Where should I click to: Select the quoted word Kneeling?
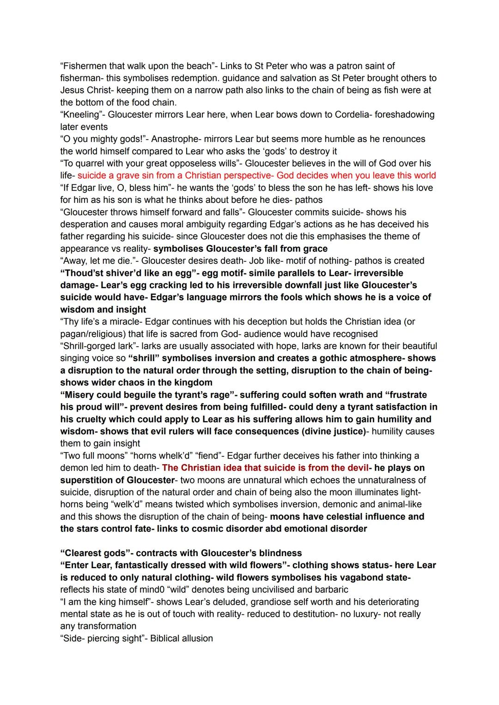(81, 115)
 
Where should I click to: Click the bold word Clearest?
(84, 553)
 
